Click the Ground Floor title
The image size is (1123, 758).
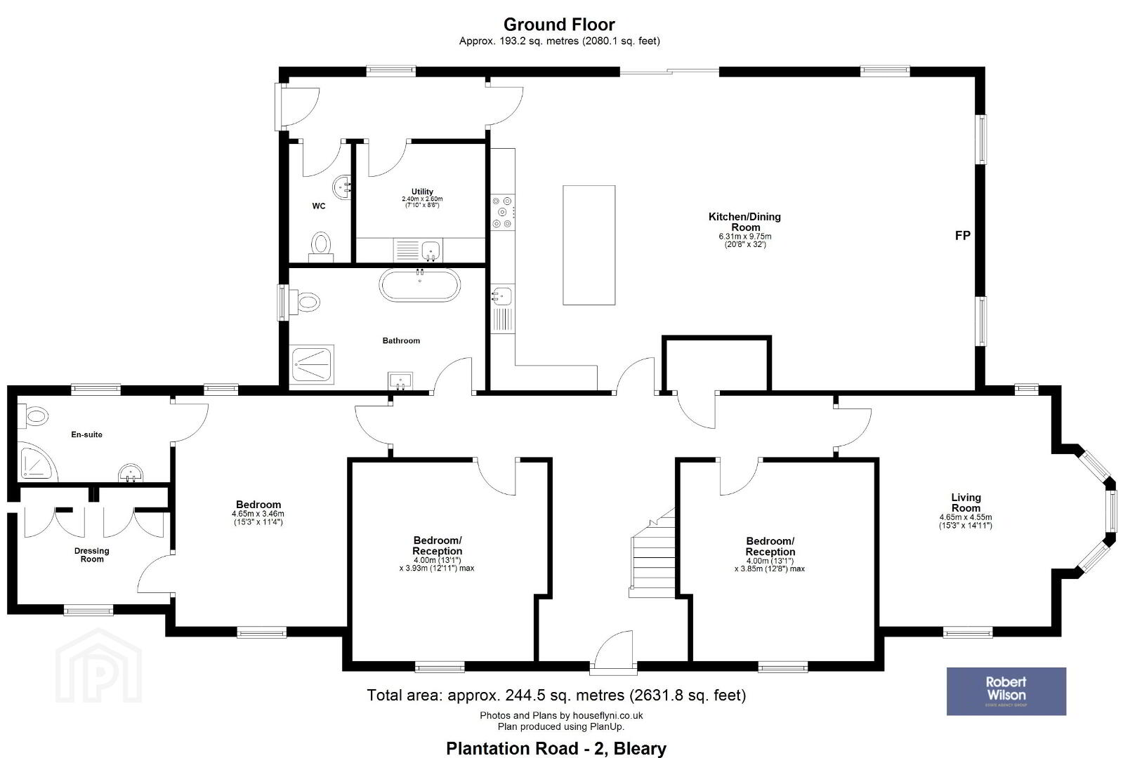pyautogui.click(x=559, y=25)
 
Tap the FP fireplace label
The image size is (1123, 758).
pyautogui.click(x=963, y=235)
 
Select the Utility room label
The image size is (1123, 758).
pyautogui.click(x=422, y=192)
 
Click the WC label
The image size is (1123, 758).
pyautogui.click(x=319, y=206)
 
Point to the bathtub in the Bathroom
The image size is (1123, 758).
pyautogui.click(x=419, y=285)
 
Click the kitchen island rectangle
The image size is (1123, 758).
pyautogui.click(x=589, y=245)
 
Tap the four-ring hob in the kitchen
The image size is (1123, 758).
pyautogui.click(x=502, y=213)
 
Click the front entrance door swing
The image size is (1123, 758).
pyautogui.click(x=613, y=649)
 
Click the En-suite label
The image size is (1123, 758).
pyautogui.click(x=86, y=434)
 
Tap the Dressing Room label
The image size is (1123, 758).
pyautogui.click(x=92, y=554)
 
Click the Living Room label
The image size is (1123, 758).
pyautogui.click(x=966, y=503)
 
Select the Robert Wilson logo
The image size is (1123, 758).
pyautogui.click(x=1006, y=691)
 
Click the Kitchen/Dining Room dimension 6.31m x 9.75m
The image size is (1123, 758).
pyautogui.click(x=745, y=237)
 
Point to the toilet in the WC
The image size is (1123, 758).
pyautogui.click(x=321, y=246)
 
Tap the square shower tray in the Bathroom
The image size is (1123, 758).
pyautogui.click(x=312, y=364)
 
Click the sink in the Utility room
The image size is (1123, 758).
pyautogui.click(x=431, y=249)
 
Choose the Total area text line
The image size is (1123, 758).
pyautogui.click(x=556, y=695)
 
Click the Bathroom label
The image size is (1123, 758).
pyautogui.click(x=401, y=340)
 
